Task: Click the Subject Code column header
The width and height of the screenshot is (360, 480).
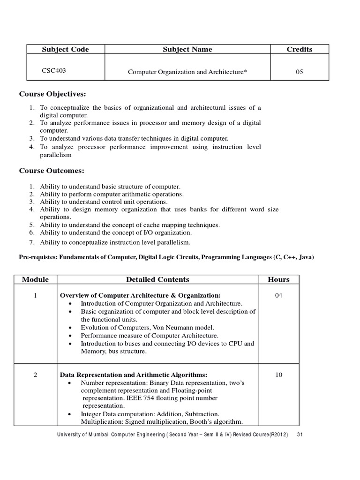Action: point(65,49)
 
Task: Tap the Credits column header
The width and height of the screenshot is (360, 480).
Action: point(299,49)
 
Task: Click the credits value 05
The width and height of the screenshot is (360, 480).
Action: point(299,72)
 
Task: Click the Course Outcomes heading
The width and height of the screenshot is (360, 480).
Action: point(51,171)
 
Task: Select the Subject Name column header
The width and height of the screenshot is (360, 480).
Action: point(187,49)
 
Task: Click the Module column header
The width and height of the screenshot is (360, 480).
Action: point(35,279)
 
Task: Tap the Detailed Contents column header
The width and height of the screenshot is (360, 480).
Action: point(157,279)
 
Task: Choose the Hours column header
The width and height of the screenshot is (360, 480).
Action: point(278,279)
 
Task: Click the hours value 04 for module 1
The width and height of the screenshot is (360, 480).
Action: point(278,295)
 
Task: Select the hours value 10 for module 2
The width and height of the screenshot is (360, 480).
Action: point(278,375)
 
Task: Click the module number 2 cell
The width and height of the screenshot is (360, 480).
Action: point(35,375)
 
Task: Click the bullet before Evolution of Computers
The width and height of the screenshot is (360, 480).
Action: point(69,328)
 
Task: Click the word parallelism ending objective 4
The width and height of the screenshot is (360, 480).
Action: point(56,154)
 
